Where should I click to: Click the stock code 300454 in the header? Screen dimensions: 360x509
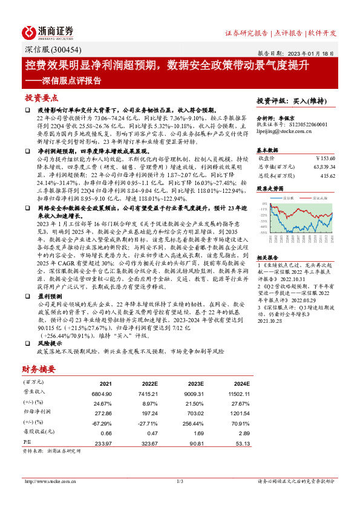[x=67, y=50]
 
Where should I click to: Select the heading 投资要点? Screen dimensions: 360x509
[x=42, y=97]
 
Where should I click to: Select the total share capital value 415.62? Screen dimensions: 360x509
[x=327, y=175]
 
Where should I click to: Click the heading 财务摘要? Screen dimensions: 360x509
[x=39, y=368]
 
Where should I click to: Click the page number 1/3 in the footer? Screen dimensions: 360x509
[x=180, y=481]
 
